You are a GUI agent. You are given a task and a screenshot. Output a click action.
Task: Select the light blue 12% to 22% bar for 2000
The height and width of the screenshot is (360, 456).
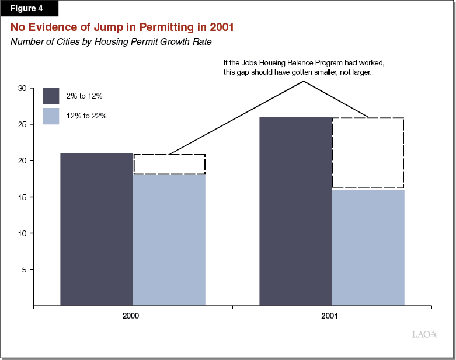(x=169, y=239)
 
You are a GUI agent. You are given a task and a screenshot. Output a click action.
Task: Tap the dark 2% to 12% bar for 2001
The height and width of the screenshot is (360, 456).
(x=295, y=211)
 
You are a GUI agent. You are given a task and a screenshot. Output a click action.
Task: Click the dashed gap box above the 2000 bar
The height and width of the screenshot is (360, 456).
(x=169, y=165)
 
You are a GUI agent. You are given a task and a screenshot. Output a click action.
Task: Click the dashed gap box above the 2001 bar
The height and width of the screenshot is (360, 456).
(x=368, y=153)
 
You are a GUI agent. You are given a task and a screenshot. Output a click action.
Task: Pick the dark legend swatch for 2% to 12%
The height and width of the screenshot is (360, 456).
(x=51, y=95)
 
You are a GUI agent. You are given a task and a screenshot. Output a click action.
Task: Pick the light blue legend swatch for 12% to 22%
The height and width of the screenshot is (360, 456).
(x=51, y=116)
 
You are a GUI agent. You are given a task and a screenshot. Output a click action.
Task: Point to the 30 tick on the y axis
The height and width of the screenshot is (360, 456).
(x=23, y=88)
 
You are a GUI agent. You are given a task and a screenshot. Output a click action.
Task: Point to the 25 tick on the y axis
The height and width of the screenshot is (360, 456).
(x=23, y=124)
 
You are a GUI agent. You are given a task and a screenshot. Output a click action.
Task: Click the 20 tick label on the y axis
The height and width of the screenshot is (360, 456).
(x=23, y=160)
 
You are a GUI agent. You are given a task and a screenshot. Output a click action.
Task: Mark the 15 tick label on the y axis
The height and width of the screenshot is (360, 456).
(x=23, y=197)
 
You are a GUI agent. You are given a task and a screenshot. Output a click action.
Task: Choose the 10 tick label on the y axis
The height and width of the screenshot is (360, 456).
(x=23, y=233)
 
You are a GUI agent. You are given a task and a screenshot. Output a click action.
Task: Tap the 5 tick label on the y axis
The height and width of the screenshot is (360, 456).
(x=25, y=269)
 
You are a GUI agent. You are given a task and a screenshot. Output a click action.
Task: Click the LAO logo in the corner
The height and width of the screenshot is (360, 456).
(x=424, y=334)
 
